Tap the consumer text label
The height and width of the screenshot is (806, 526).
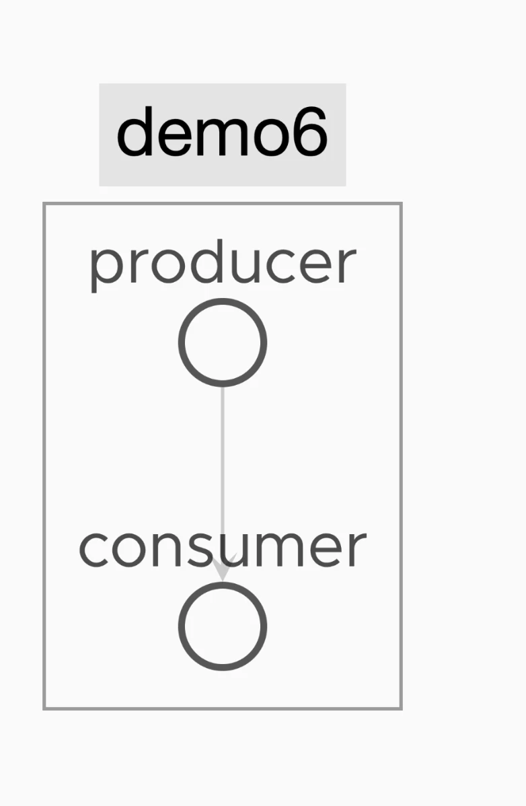pos(223,548)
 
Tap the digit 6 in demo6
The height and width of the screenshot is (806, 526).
pos(309,132)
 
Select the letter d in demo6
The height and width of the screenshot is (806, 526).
pos(135,131)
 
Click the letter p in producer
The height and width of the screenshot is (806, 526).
pos(105,269)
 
